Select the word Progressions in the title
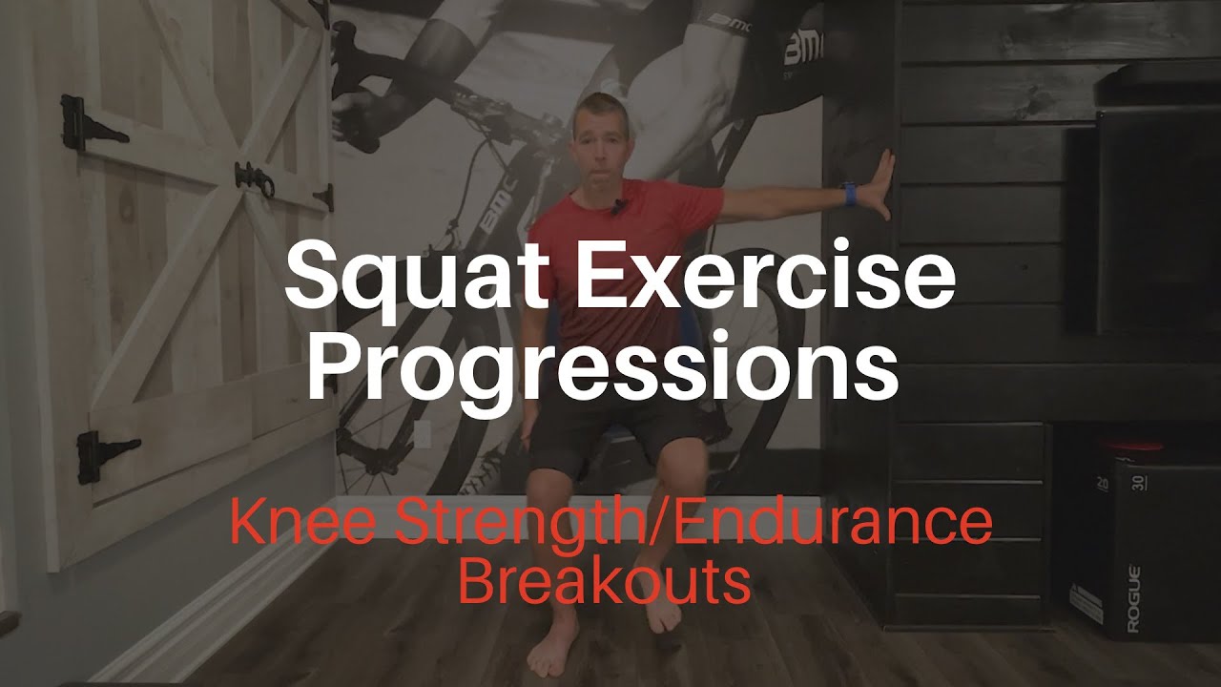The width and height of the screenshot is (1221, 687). tap(601, 367)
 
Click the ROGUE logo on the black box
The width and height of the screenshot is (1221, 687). tap(1133, 599)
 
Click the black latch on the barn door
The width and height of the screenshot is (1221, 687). tap(251, 178)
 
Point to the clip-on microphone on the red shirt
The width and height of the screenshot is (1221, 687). tap(619, 205)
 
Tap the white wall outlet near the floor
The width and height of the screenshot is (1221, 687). tap(422, 434)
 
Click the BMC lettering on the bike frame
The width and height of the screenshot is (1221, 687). tap(497, 220)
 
